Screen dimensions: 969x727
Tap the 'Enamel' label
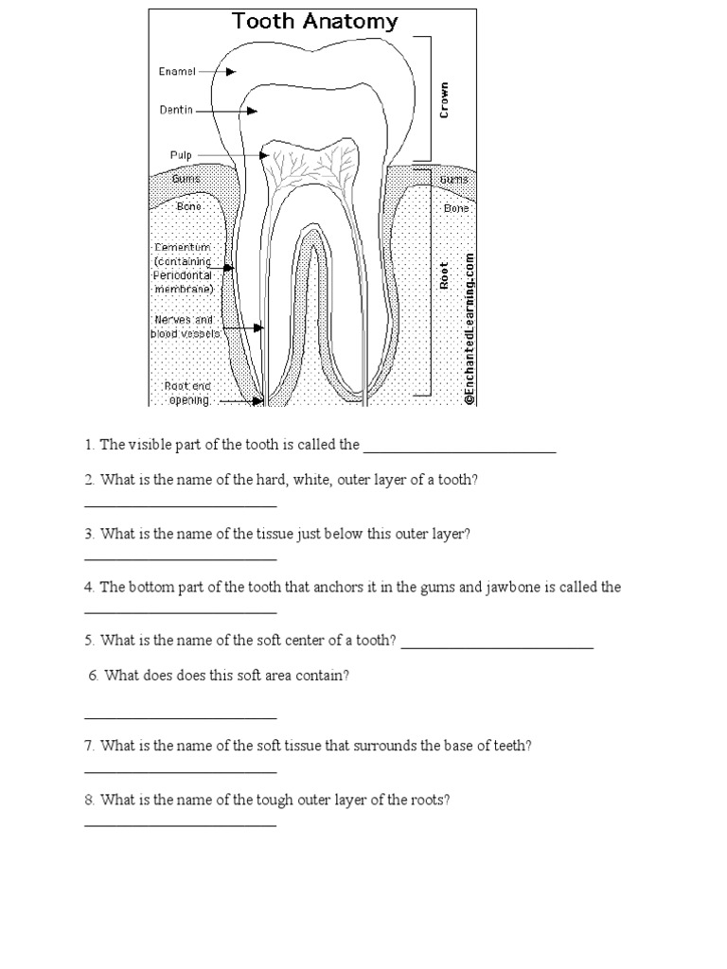(177, 71)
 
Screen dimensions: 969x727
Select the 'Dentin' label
(176, 110)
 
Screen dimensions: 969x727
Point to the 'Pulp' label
(181, 154)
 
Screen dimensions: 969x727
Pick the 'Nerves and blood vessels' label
(185, 326)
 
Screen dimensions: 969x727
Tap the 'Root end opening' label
(189, 393)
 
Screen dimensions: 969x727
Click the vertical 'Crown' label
(445, 99)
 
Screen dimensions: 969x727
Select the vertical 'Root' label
(445, 274)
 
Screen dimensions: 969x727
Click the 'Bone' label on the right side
(456, 207)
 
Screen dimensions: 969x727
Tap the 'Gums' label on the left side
(185, 178)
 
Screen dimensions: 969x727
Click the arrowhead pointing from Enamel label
(230, 71)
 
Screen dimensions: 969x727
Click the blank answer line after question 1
(460, 452)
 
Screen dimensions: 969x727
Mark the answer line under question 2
(180, 506)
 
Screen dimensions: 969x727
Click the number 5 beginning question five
(88, 641)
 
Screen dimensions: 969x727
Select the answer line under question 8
(180, 826)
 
